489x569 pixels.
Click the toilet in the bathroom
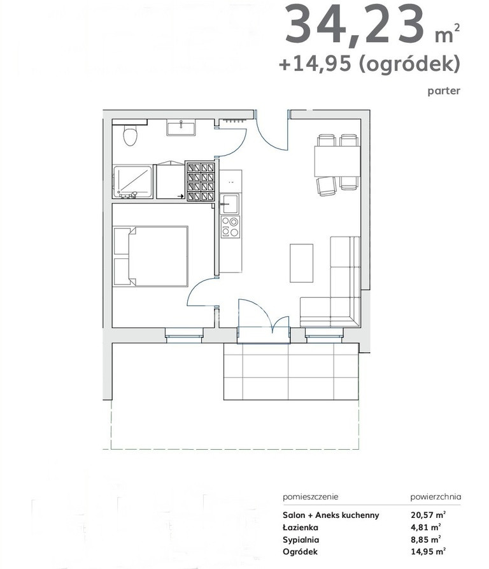click(x=130, y=135)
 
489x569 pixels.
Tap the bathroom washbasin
click(x=181, y=129)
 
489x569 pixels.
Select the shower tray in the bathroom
click(x=132, y=182)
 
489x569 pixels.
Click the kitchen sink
click(x=229, y=203)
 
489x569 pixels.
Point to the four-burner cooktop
click(x=230, y=226)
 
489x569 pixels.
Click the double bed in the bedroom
click(x=151, y=256)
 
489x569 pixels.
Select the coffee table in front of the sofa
click(x=301, y=263)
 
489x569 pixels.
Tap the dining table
click(x=337, y=161)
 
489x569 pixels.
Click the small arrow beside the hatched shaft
click(x=180, y=196)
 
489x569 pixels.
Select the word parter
click(x=444, y=91)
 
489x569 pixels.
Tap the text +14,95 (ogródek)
click(x=369, y=64)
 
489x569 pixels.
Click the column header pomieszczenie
click(x=311, y=496)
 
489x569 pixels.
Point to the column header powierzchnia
click(x=436, y=496)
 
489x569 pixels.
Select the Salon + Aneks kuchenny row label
click(x=330, y=515)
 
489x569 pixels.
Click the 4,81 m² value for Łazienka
click(x=425, y=527)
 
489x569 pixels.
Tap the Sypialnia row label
click(x=301, y=540)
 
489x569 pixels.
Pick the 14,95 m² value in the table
click(x=428, y=552)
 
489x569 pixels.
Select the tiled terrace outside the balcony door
click(x=292, y=371)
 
